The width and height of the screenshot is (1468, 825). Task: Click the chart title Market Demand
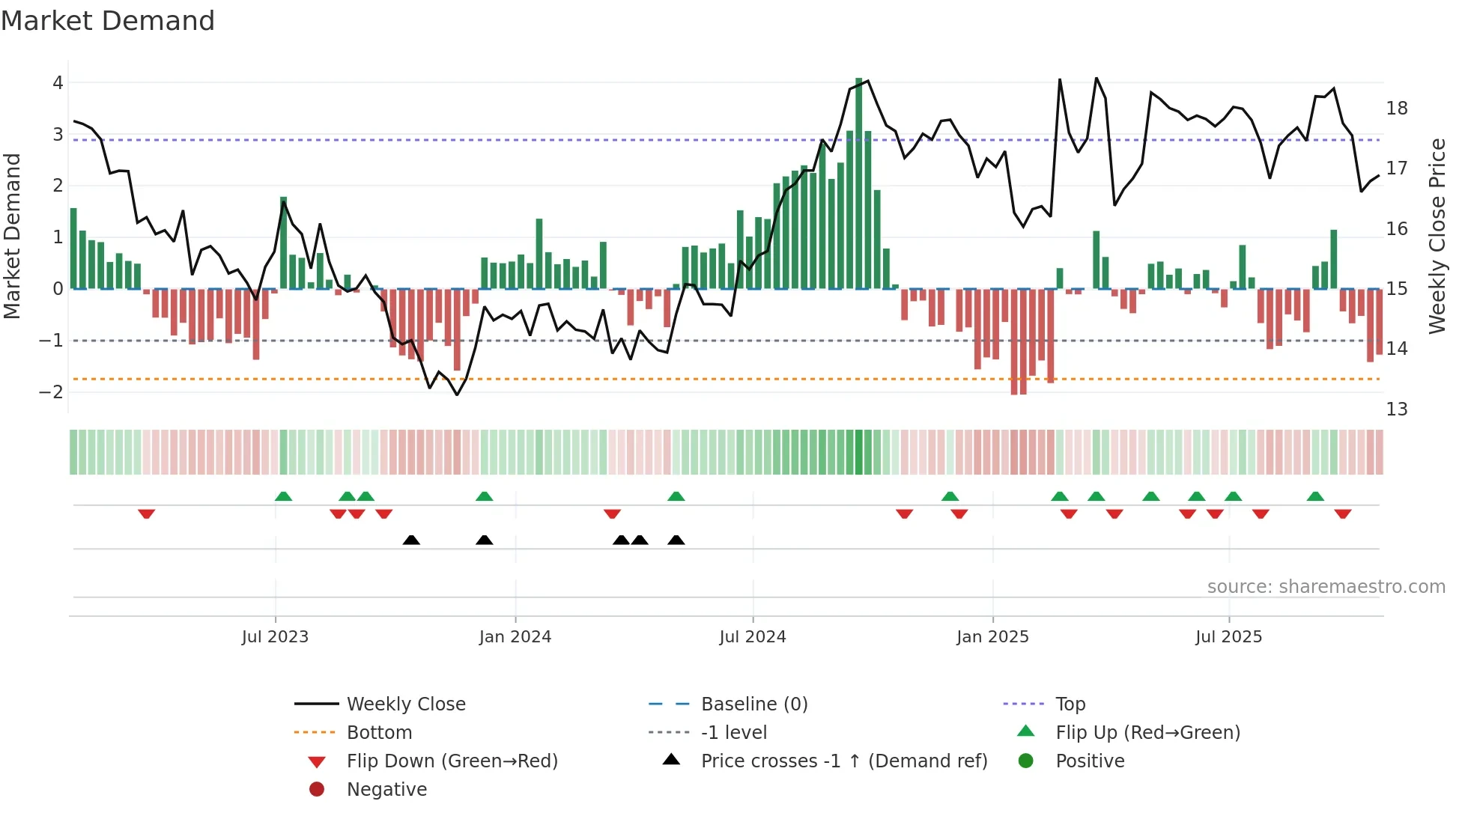108,21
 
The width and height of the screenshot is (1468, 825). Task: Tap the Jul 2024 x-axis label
752,637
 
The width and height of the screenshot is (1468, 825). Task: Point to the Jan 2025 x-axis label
992,637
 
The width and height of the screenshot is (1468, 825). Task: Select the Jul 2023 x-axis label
275,637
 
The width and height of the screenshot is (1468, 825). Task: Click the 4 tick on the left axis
58,83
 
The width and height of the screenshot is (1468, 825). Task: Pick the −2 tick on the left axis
52,392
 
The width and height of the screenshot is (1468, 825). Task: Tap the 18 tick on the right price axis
1396,109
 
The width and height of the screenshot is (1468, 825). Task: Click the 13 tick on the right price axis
1396,410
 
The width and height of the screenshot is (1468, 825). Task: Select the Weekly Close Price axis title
1437,236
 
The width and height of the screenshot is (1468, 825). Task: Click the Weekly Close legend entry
405,704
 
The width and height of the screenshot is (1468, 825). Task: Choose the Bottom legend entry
379,733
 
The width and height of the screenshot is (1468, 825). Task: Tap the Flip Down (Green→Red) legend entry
452,761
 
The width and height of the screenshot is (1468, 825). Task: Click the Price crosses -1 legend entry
843,761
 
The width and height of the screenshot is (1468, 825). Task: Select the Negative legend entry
386,790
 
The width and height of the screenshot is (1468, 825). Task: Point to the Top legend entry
1070,704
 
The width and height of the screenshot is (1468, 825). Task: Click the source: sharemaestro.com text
1326,587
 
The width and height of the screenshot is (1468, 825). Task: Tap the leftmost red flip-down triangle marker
147,514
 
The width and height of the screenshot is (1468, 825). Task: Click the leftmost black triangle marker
411,540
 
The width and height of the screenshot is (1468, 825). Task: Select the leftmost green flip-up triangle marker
283,496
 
